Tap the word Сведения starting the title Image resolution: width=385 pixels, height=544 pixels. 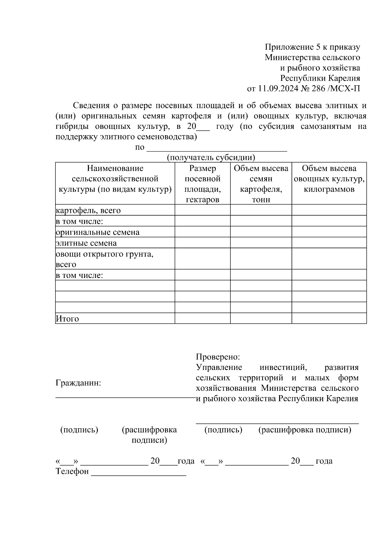[x=91, y=105]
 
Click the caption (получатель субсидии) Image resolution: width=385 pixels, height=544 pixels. [x=211, y=157]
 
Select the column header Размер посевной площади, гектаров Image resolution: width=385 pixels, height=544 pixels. [x=202, y=184]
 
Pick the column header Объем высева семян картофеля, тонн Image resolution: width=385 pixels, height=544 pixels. [x=261, y=184]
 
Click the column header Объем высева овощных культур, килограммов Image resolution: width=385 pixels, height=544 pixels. [x=329, y=179]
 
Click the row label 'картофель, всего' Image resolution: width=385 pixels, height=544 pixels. [x=88, y=211]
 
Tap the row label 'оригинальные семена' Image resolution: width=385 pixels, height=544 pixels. [x=98, y=232]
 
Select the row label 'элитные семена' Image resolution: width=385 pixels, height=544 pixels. [x=86, y=243]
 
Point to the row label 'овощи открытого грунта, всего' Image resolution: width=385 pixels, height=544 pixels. [x=104, y=259]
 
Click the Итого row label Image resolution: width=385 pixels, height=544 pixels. [x=67, y=319]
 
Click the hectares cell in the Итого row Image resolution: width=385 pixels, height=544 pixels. [x=202, y=318]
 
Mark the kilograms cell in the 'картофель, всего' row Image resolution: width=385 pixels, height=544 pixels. [x=329, y=210]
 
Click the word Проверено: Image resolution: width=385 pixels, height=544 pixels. [x=218, y=357]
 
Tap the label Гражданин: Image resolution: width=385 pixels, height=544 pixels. [x=78, y=383]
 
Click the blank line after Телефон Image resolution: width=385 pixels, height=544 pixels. [x=139, y=473]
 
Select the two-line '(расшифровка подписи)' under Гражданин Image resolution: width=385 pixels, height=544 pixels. [x=149, y=435]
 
